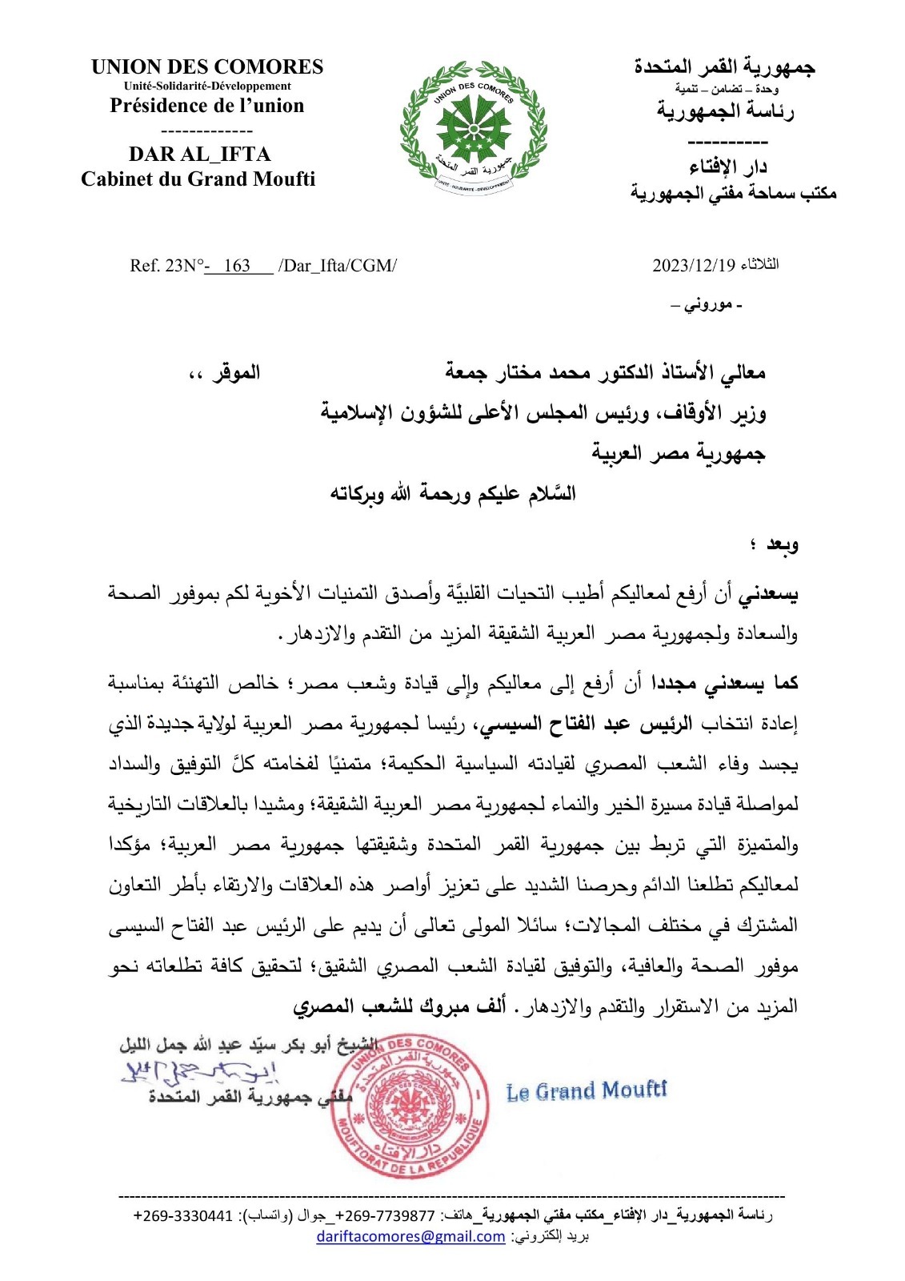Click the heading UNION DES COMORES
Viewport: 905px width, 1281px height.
coord(207,67)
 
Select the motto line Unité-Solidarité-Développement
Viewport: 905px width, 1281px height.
coord(207,86)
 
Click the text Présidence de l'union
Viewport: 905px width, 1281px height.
coord(207,106)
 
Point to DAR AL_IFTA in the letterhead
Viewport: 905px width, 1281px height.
coord(199,154)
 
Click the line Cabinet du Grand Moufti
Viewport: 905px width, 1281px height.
coord(198,179)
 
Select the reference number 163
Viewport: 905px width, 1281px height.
coord(237,266)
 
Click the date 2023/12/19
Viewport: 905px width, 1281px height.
coord(693,265)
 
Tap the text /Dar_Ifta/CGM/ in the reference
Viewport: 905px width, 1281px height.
coord(337,266)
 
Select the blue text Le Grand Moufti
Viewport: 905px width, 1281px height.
coord(587,1090)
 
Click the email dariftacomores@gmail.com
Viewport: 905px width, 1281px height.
coord(410,1236)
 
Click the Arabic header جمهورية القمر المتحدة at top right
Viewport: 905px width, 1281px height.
coord(724,67)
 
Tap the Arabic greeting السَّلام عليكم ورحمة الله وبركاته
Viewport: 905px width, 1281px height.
coord(453,494)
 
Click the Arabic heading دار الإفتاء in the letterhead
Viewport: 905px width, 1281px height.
coord(728,167)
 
